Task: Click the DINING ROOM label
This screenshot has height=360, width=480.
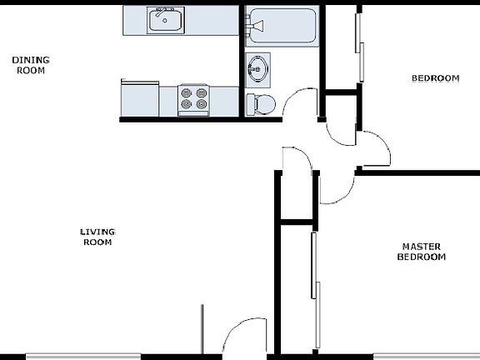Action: pos(30,65)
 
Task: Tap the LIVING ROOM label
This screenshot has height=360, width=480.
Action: pos(97,237)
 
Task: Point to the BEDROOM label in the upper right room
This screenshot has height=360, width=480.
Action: pos(435,79)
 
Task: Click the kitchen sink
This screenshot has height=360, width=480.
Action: pos(167,21)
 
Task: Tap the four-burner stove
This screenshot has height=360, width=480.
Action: pos(193,100)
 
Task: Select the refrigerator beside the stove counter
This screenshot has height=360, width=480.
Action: pos(139,99)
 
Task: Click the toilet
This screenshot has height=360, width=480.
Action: pos(261,103)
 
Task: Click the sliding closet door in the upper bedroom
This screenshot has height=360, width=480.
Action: pos(361,50)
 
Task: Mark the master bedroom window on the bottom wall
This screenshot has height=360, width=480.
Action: pos(425,357)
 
